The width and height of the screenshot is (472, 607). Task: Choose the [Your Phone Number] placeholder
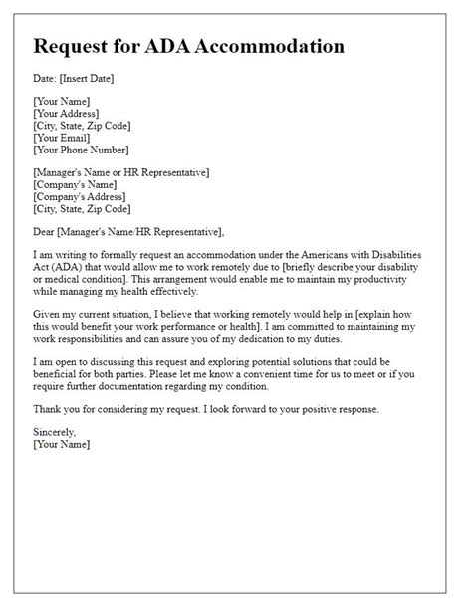pyautogui.click(x=82, y=151)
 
